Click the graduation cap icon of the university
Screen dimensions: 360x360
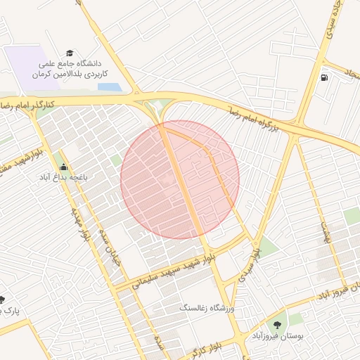70,53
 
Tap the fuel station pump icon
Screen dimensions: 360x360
323,77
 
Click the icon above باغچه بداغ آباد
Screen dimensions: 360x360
64,167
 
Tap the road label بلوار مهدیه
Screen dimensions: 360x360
79,223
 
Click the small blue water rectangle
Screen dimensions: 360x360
109,87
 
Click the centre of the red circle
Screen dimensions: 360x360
180,180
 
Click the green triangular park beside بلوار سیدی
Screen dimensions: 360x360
266,246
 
